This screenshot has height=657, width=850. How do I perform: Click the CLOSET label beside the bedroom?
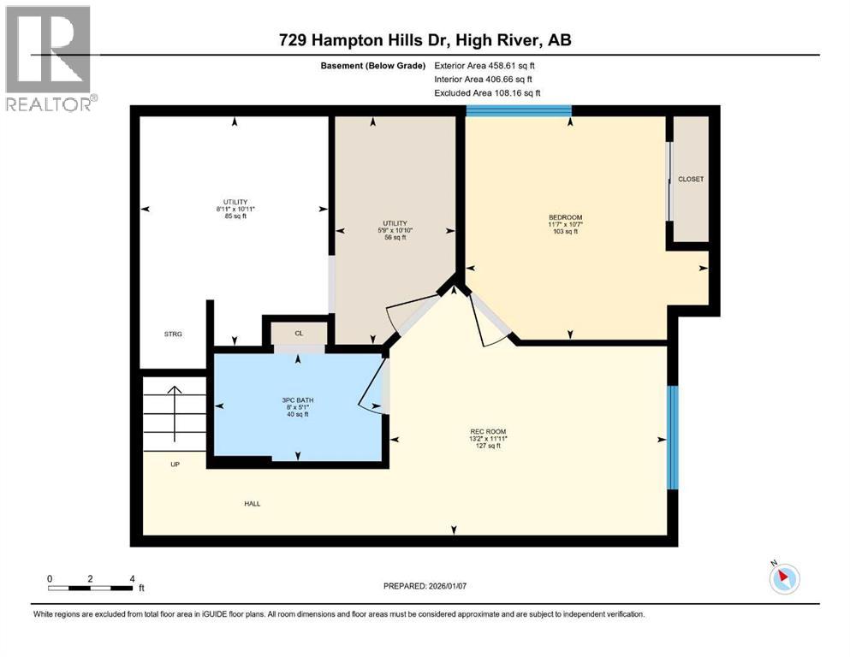click(690, 179)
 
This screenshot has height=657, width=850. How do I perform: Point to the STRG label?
click(174, 334)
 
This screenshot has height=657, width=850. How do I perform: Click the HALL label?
click(252, 503)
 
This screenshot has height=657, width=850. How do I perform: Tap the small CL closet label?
click(299, 334)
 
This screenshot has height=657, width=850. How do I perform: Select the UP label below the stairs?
click(175, 465)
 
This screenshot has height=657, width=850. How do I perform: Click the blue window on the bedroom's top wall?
click(519, 110)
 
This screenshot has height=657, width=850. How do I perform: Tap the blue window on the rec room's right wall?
click(673, 437)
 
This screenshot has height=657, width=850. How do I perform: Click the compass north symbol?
click(783, 578)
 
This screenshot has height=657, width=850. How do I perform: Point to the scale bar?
click(91, 588)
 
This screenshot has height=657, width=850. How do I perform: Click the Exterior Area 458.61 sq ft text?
click(488, 65)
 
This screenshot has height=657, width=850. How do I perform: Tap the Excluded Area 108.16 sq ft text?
click(488, 92)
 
